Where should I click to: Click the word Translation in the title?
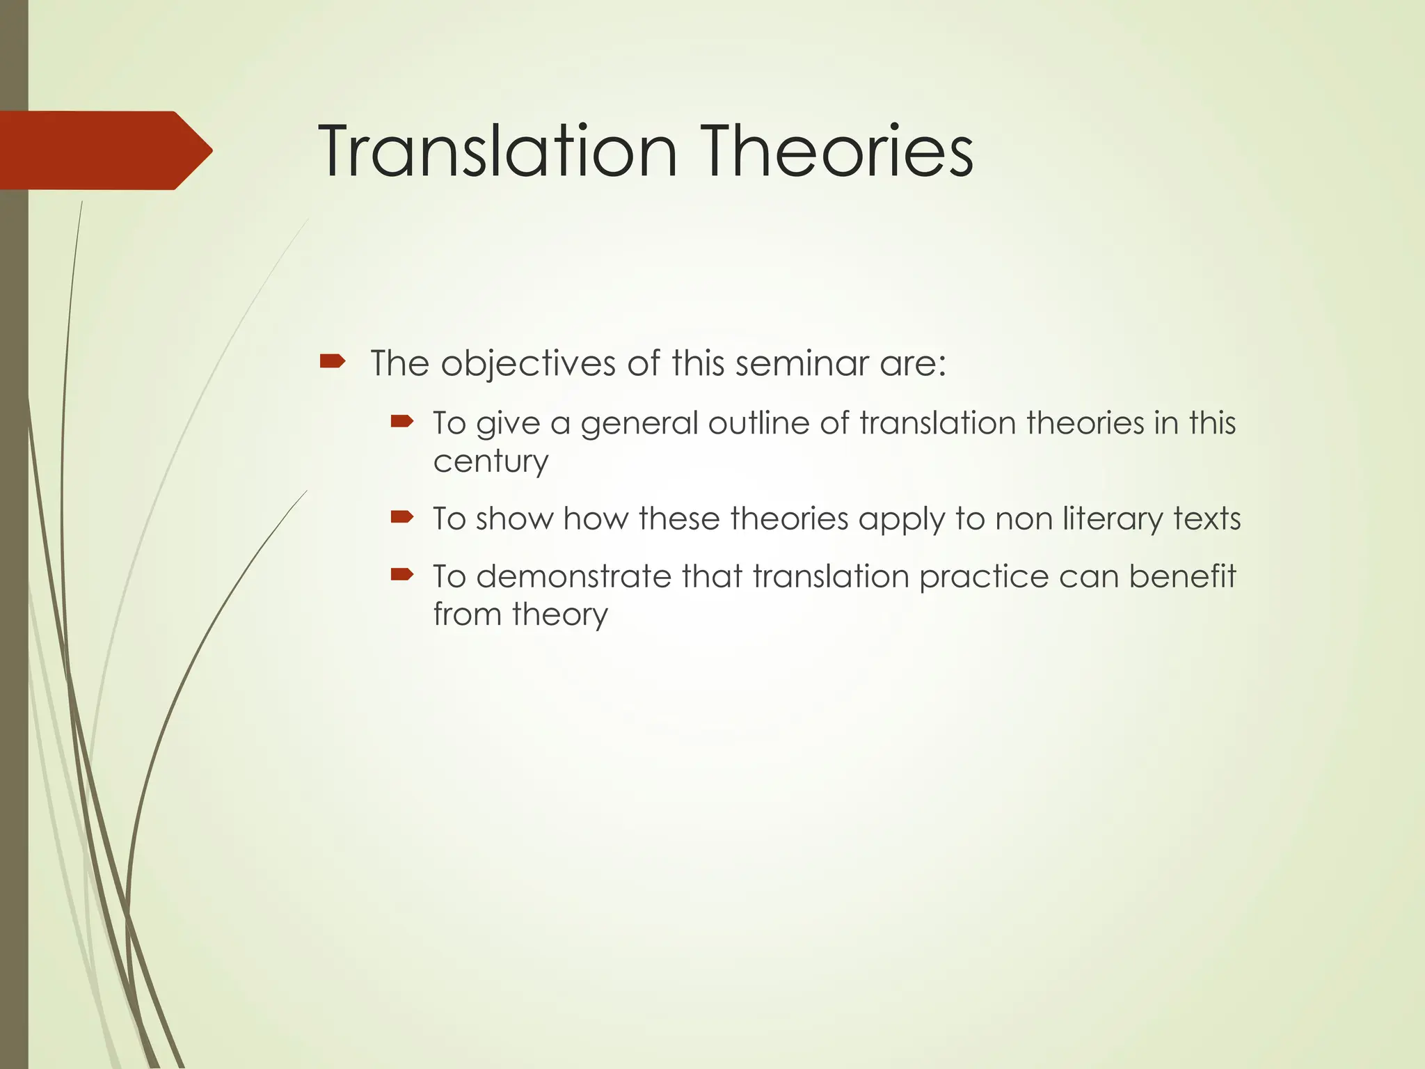point(497,152)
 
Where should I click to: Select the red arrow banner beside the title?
point(104,150)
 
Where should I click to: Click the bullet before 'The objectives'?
point(332,361)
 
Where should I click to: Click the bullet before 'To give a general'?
point(402,420)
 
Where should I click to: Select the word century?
point(491,462)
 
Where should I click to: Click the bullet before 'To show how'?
point(402,516)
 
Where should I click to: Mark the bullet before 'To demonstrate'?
point(402,574)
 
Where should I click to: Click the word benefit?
point(1182,576)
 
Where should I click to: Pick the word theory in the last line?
point(559,615)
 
